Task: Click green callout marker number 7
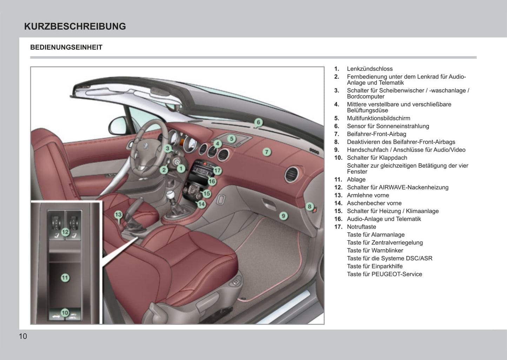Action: click(x=267, y=152)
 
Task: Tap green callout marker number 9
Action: click(x=283, y=216)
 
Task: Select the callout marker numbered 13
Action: click(x=118, y=215)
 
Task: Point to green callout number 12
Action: click(x=65, y=232)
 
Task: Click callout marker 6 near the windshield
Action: click(x=259, y=122)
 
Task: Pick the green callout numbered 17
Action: click(x=218, y=171)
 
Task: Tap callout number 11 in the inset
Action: click(x=65, y=278)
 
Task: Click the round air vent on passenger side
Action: click(x=292, y=174)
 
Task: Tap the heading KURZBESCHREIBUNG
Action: click(x=75, y=26)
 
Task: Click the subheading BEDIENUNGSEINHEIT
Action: click(x=66, y=47)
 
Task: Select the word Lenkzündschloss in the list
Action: click(x=370, y=69)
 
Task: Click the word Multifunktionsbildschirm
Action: click(x=378, y=118)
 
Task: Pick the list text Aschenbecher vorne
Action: click(x=374, y=203)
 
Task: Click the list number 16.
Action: click(x=338, y=219)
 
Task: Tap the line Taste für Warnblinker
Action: click(x=375, y=251)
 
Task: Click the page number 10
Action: click(x=23, y=336)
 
